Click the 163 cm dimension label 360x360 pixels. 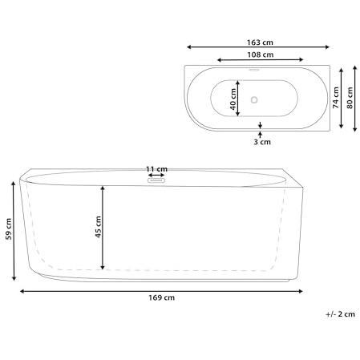260,42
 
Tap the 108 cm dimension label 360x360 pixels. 260,55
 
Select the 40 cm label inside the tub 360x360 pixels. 233,99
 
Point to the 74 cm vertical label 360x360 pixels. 336,98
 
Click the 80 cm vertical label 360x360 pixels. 350,98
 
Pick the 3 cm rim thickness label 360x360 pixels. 262,142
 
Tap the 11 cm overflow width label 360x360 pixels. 156,169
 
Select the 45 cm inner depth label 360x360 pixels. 98,227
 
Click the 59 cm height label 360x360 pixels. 9,229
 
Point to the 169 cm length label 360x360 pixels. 162,297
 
